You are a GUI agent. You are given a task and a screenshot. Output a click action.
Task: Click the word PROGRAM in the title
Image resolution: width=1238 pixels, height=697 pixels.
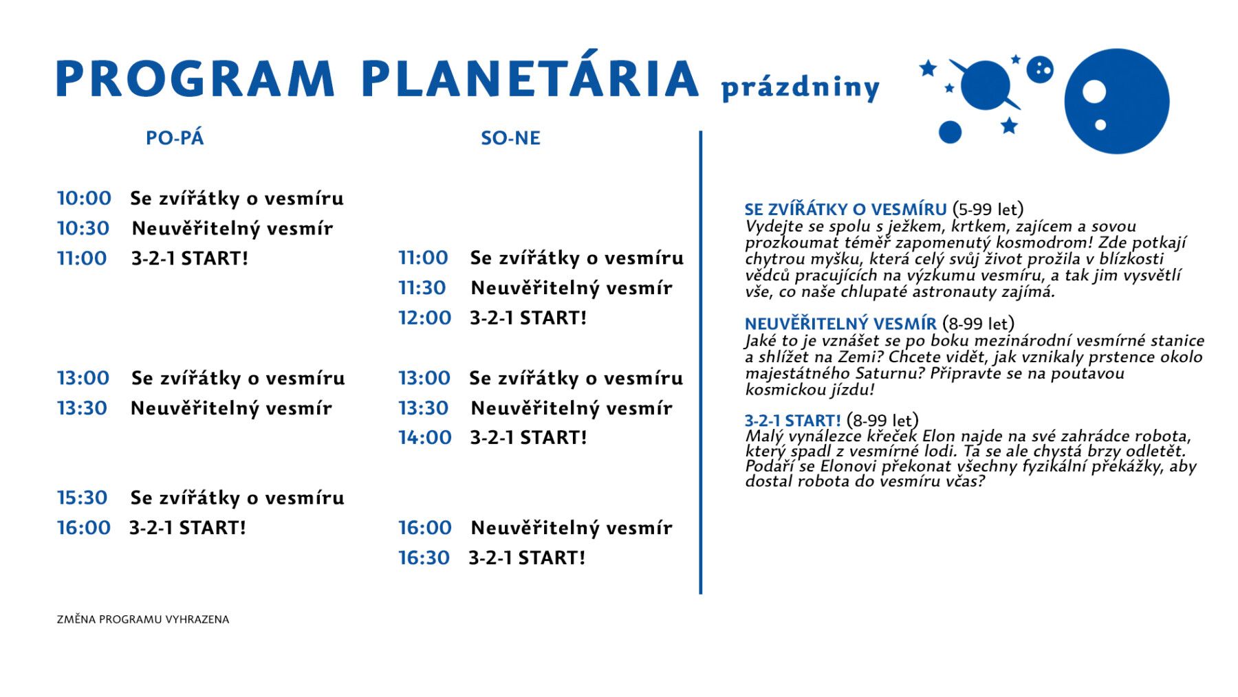click(x=195, y=78)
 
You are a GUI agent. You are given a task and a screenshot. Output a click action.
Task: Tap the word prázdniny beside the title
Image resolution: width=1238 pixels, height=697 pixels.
click(x=800, y=88)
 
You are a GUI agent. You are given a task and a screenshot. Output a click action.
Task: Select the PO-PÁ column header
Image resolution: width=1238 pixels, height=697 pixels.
click(x=175, y=138)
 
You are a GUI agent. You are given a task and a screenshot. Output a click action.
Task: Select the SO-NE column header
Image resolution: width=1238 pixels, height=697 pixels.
click(x=510, y=138)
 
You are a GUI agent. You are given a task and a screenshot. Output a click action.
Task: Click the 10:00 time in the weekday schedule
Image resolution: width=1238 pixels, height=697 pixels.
click(x=84, y=198)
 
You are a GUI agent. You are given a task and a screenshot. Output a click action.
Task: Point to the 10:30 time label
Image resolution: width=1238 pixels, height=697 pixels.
click(x=83, y=228)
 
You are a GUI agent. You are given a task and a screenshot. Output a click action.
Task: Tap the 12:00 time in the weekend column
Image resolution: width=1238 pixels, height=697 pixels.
click(x=425, y=318)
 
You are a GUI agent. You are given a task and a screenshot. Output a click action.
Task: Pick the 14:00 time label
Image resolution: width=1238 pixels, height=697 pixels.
click(x=425, y=437)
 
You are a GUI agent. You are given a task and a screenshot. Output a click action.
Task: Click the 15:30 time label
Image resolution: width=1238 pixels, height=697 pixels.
click(x=83, y=498)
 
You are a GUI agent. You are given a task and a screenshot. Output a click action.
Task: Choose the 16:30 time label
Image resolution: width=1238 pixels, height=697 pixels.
click(x=424, y=557)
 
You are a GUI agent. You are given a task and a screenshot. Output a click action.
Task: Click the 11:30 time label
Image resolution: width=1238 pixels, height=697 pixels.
click(x=423, y=287)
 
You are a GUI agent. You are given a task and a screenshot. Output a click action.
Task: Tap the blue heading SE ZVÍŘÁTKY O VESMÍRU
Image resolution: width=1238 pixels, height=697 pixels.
click(x=845, y=210)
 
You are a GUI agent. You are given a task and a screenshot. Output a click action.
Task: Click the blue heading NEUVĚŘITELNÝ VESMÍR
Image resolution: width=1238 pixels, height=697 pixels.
click(x=840, y=324)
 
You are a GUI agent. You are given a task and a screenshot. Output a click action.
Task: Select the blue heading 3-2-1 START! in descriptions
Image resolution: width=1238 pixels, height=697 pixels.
click(x=793, y=421)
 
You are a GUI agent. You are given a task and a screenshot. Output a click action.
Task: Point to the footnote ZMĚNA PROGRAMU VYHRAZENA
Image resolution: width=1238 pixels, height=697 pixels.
click(x=143, y=619)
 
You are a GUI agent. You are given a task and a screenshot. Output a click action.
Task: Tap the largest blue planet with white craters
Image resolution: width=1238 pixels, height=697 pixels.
click(x=1117, y=101)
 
